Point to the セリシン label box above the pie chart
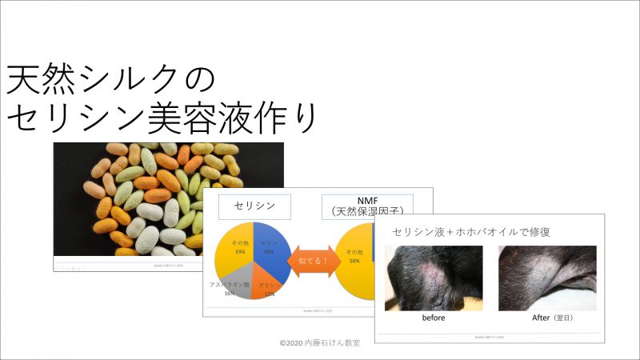[254, 206]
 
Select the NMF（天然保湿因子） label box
[366, 206]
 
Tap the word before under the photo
[433, 317]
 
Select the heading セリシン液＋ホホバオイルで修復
[471, 232]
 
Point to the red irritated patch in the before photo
[433, 277]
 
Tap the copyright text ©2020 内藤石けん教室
[320, 342]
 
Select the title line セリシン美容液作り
[163, 118]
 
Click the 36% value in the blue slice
[269, 251]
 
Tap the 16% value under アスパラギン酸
[230, 294]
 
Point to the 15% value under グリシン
[269, 294]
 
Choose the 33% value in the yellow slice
[238, 251]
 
